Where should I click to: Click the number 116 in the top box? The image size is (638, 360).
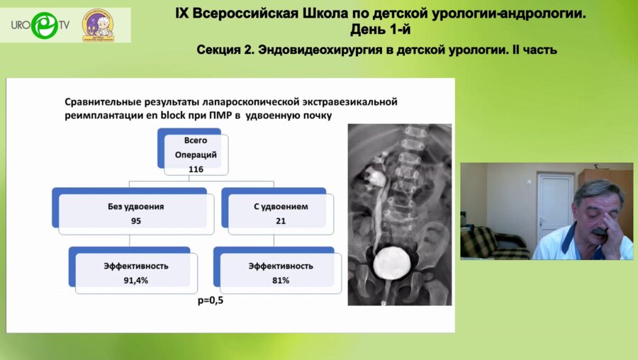(196, 170)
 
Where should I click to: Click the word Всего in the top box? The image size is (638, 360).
(196, 140)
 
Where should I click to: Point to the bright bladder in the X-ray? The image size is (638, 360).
(388, 263)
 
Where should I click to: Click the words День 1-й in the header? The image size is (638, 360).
(380, 29)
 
